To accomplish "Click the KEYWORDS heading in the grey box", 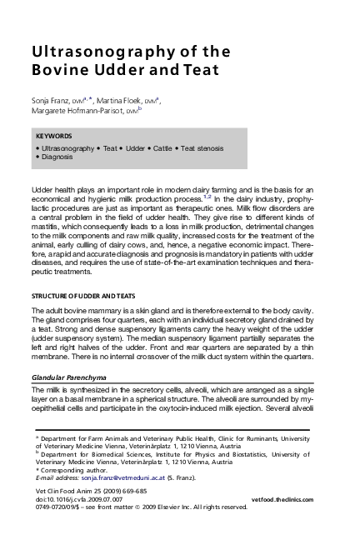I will click(54, 136).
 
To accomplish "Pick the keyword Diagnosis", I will click(57, 156).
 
